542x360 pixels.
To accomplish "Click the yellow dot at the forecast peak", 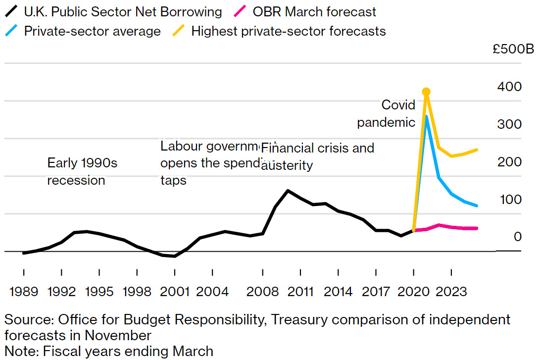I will [x=426, y=92].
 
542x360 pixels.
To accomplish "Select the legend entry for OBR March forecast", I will [x=314, y=12].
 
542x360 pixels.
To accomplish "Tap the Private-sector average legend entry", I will [x=92, y=31].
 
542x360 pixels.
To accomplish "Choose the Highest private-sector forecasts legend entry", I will [x=288, y=31].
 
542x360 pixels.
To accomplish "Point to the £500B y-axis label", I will [x=513, y=50].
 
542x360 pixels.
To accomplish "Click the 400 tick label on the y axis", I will [x=510, y=87].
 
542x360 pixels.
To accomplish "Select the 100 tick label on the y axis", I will [x=510, y=200].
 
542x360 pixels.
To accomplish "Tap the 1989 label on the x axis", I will [x=24, y=291].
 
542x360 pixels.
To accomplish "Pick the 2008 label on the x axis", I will [x=262, y=291].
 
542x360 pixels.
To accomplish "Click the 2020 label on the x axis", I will [x=414, y=291].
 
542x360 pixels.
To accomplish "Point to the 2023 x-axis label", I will [x=451, y=291].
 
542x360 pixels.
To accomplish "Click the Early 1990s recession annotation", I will [x=82, y=171].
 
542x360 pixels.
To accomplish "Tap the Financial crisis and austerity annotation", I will [x=317, y=156].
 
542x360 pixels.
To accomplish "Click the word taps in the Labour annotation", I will [x=173, y=180].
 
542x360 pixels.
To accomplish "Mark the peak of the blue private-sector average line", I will [x=426, y=116].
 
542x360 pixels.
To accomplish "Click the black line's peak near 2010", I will [x=288, y=190].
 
